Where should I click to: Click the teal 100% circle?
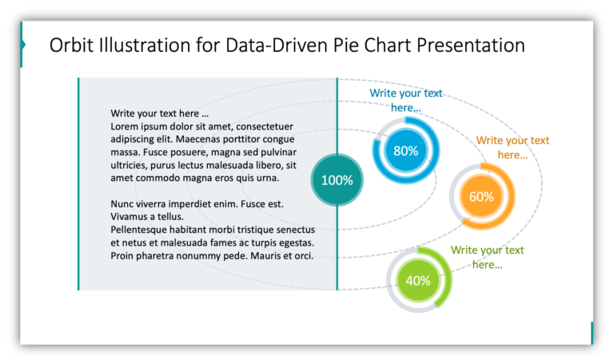(x=337, y=180)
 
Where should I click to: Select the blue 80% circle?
(x=405, y=150)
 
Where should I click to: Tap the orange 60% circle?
(x=481, y=196)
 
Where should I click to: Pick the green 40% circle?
(x=418, y=281)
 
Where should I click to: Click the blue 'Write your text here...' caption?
(x=405, y=100)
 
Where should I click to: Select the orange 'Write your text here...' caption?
(x=512, y=147)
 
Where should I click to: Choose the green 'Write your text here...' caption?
(x=487, y=257)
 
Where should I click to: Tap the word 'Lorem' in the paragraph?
(x=126, y=126)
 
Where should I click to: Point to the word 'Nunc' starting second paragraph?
(x=124, y=204)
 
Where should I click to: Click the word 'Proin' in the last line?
(x=124, y=256)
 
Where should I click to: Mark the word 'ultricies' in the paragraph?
(x=131, y=165)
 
